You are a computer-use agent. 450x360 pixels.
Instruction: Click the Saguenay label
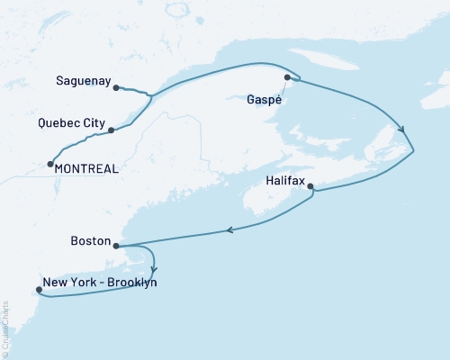click(x=82, y=81)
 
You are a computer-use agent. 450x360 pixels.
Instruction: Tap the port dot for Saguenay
click(x=117, y=87)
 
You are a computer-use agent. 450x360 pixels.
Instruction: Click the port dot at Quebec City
click(x=111, y=130)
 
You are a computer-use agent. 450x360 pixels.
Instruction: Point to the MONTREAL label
click(x=85, y=168)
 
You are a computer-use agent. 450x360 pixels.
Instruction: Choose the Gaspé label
click(x=264, y=100)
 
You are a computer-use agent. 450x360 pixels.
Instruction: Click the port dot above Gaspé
click(x=287, y=77)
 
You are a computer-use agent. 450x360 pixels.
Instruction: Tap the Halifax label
click(x=285, y=180)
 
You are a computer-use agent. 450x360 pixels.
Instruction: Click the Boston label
click(x=90, y=241)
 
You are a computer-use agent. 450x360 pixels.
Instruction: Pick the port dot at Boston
click(x=116, y=245)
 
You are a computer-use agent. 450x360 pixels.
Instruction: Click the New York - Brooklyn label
click(x=100, y=282)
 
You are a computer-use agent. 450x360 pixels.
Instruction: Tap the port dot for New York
click(x=38, y=290)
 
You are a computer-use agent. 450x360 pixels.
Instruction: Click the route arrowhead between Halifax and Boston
click(x=231, y=230)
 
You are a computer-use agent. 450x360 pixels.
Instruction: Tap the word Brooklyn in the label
click(x=132, y=282)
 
